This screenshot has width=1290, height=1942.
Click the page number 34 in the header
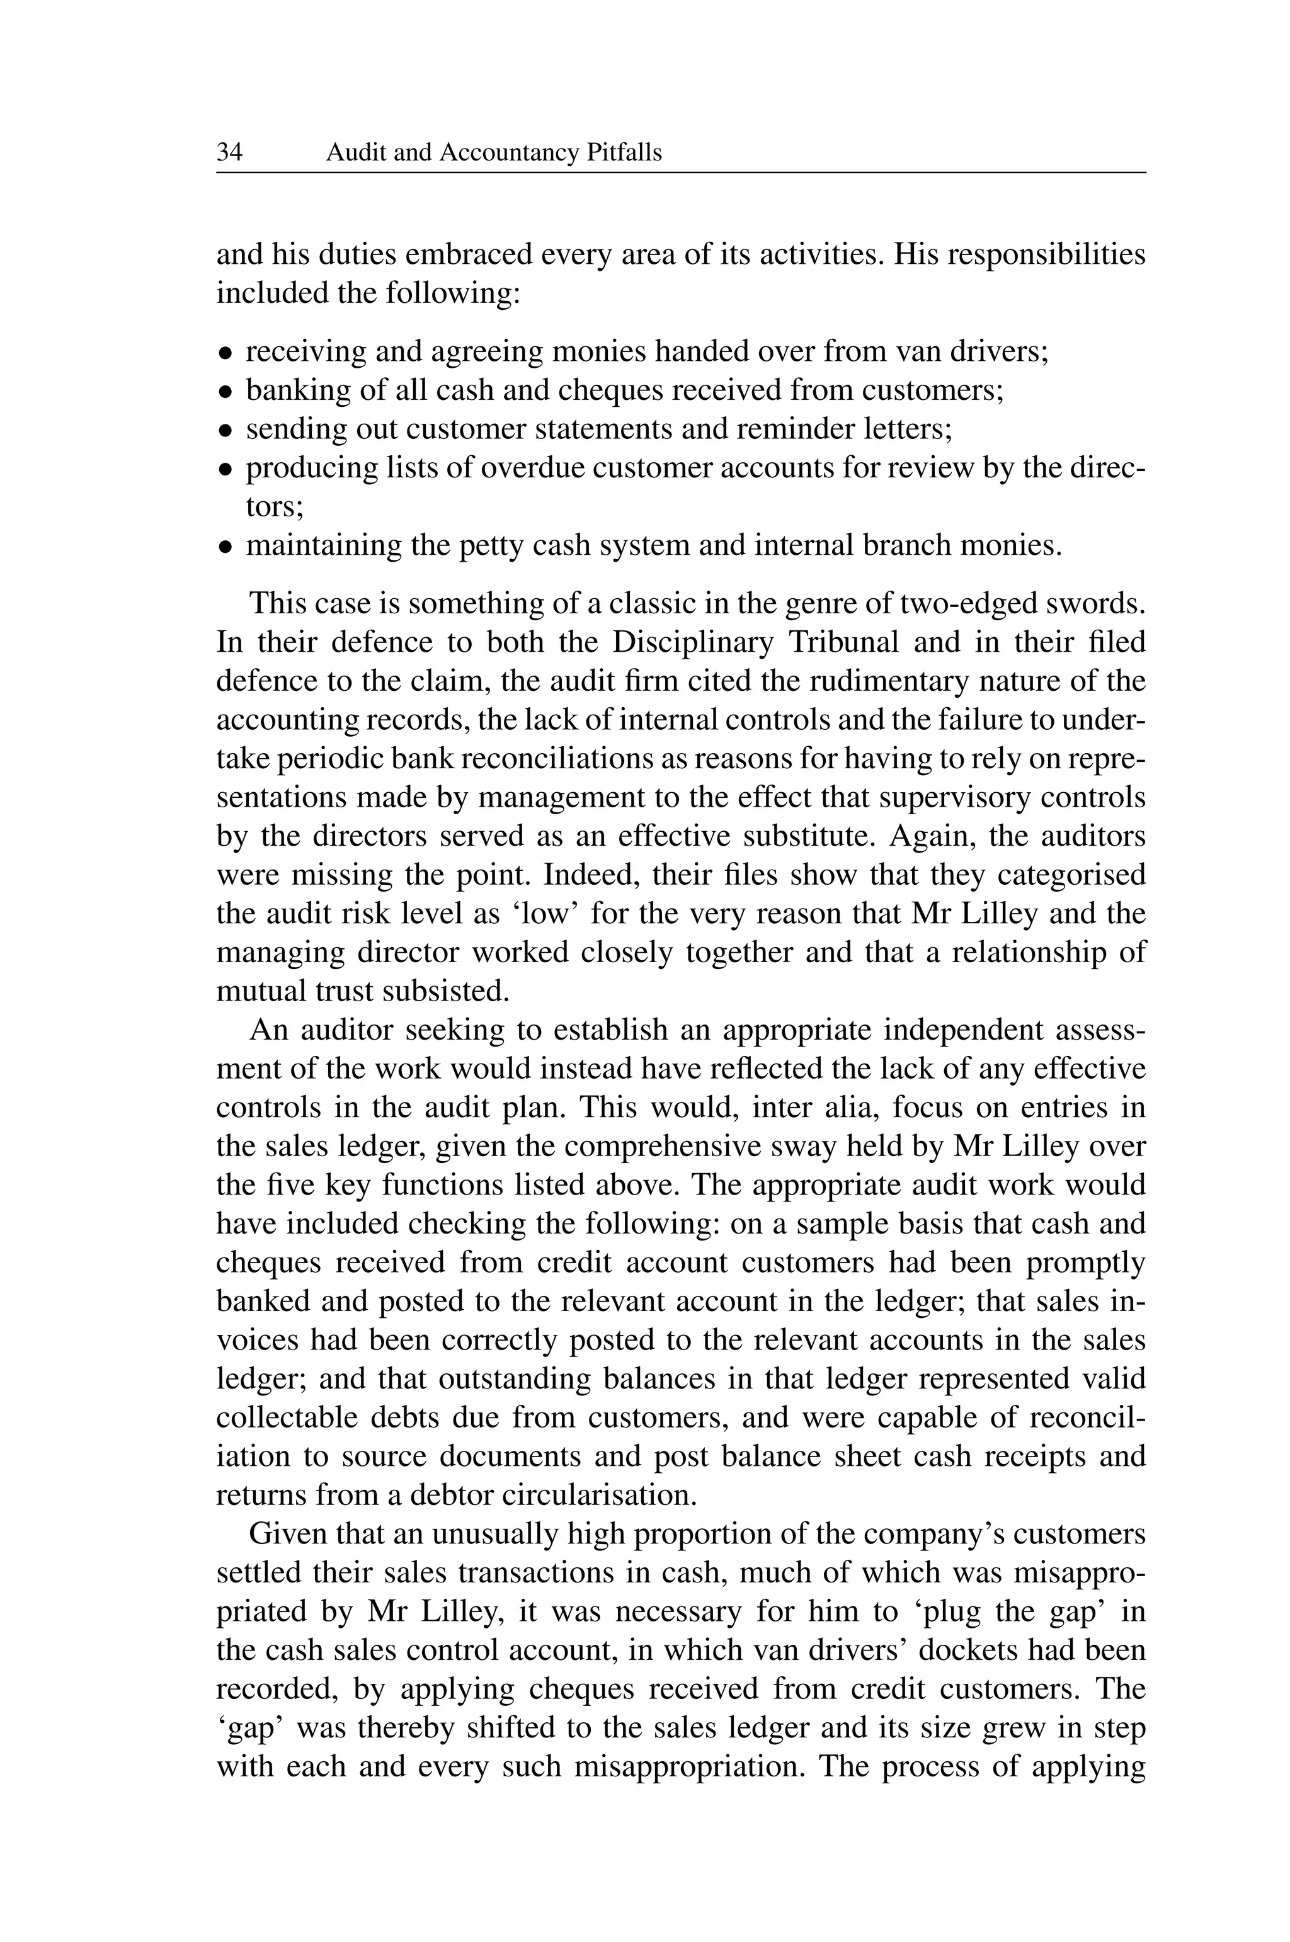click(229, 153)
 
